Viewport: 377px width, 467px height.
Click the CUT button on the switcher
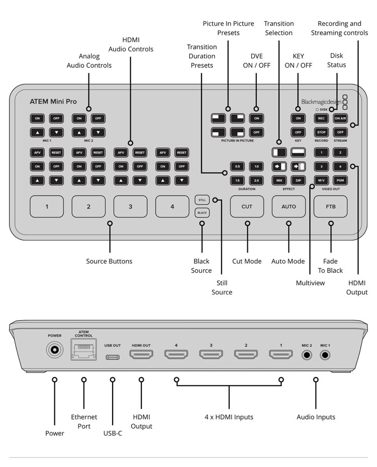(247, 206)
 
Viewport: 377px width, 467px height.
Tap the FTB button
(330, 206)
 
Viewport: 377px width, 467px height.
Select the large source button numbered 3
(130, 206)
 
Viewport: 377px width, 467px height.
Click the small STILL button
(202, 200)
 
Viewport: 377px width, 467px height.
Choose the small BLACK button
(202, 213)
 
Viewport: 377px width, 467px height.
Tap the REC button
(321, 118)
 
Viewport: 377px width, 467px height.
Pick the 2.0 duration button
(256, 180)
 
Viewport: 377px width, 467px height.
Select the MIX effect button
(279, 180)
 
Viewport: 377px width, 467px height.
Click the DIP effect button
(298, 180)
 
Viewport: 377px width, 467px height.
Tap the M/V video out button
(321, 180)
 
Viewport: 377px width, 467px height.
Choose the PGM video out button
(340, 180)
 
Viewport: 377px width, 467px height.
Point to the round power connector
(55, 350)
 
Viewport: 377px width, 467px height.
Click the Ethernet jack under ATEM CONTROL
(83, 350)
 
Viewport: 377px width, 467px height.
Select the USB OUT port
(113, 357)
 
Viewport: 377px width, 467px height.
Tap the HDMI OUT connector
(141, 354)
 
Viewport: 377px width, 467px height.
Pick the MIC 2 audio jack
(307, 355)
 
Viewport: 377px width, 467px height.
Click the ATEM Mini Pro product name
(53, 102)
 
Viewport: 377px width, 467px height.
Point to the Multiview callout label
(310, 283)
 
